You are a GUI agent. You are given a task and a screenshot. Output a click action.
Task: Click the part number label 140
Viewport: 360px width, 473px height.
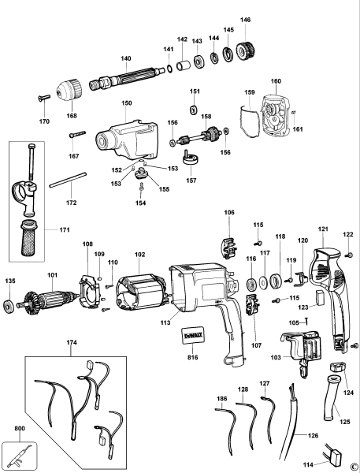125,58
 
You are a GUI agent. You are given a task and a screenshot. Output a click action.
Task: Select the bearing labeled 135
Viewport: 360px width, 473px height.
10,305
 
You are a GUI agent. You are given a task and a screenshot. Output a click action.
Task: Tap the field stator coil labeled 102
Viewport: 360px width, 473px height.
139,290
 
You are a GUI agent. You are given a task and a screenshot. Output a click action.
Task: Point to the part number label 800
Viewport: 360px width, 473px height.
8,430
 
